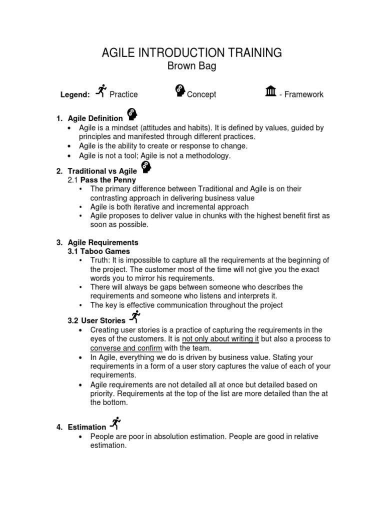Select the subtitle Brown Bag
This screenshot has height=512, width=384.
[192, 66]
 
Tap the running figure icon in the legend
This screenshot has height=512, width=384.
[101, 90]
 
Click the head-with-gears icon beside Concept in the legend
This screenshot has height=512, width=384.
[180, 90]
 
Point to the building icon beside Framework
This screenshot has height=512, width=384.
[270, 91]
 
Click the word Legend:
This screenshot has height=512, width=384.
[75, 94]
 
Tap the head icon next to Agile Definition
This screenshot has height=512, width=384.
[132, 114]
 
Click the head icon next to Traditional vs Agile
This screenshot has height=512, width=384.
[146, 167]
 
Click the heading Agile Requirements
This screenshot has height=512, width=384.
[103, 242]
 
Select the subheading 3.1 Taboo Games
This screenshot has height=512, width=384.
[98, 251]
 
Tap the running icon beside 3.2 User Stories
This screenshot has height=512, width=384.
[134, 316]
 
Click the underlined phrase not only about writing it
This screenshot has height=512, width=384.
[220, 339]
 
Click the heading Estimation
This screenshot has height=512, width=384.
[87, 427]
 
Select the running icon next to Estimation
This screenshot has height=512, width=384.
[115, 423]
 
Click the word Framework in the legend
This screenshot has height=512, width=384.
[304, 94]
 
